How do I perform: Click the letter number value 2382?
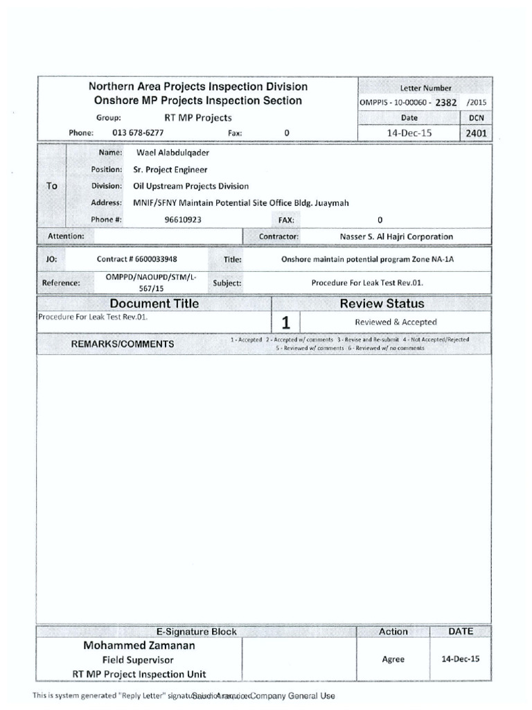[446, 103]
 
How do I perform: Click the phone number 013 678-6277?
[138, 132]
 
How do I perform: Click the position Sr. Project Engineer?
[170, 169]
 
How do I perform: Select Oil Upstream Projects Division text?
[190, 186]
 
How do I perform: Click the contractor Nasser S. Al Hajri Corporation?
[396, 236]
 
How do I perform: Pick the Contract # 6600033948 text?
[142, 259]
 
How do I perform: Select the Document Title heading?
[154, 304]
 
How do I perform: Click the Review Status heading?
[382, 304]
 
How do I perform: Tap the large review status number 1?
[285, 322]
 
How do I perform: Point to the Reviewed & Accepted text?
[396, 322]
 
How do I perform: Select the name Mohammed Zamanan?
[139, 646]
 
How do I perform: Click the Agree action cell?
[393, 659]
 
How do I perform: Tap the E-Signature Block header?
[197, 632]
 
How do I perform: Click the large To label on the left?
[52, 186]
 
